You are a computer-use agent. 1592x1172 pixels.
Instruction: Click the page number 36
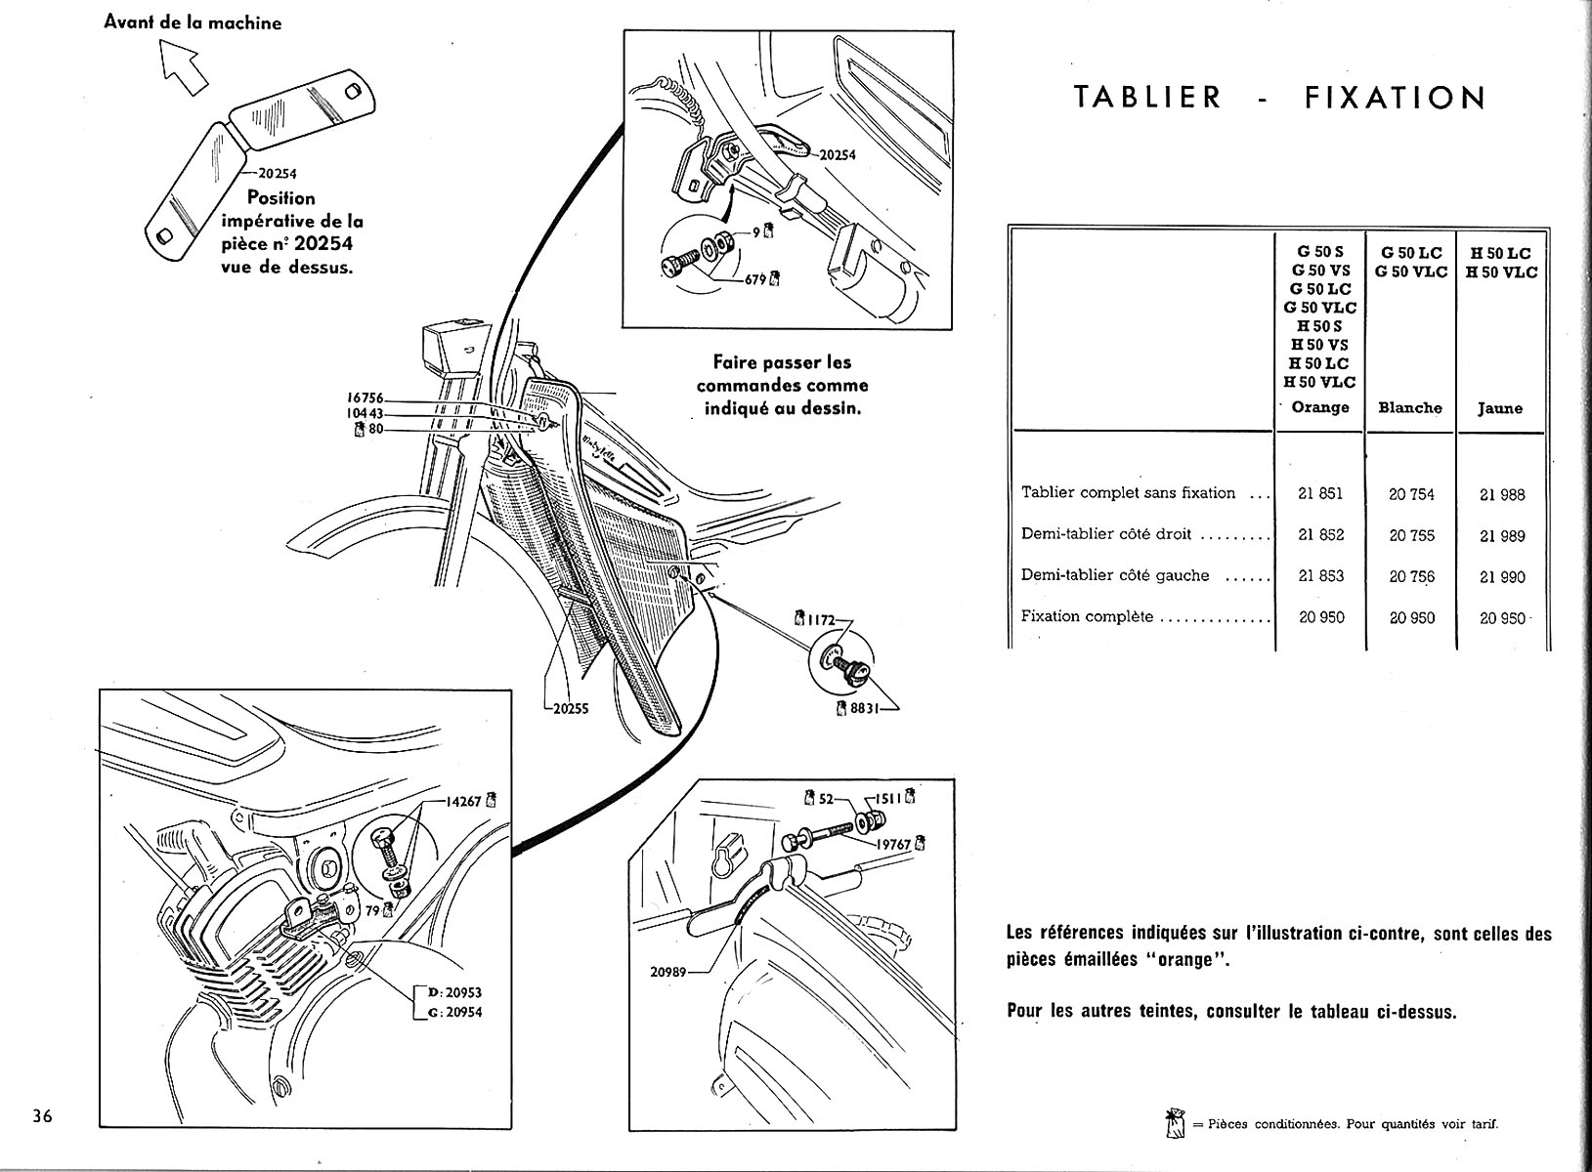tap(41, 1116)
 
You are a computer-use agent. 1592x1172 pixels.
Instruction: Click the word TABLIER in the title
tap(1147, 98)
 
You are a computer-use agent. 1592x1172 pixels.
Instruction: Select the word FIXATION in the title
tap(1395, 98)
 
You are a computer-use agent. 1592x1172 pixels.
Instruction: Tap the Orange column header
tap(1320, 407)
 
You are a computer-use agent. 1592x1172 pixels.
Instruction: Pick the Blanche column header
tap(1410, 407)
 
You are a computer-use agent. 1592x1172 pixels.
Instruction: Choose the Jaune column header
tap(1500, 408)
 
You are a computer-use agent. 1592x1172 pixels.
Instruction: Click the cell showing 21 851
tap(1320, 493)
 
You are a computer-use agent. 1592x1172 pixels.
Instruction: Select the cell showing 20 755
tap(1411, 535)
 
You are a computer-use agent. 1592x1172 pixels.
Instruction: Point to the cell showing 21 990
tap(1502, 576)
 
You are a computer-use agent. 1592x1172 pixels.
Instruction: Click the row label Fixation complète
tap(1087, 617)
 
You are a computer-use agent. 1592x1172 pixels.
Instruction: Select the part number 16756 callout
tap(366, 398)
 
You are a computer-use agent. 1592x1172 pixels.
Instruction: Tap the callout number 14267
tap(464, 802)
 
